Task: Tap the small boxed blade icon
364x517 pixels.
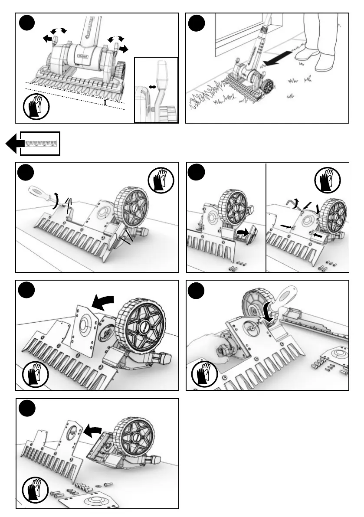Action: coord(42,143)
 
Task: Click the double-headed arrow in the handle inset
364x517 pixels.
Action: coord(152,87)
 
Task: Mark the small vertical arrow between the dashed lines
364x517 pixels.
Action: coord(105,102)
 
